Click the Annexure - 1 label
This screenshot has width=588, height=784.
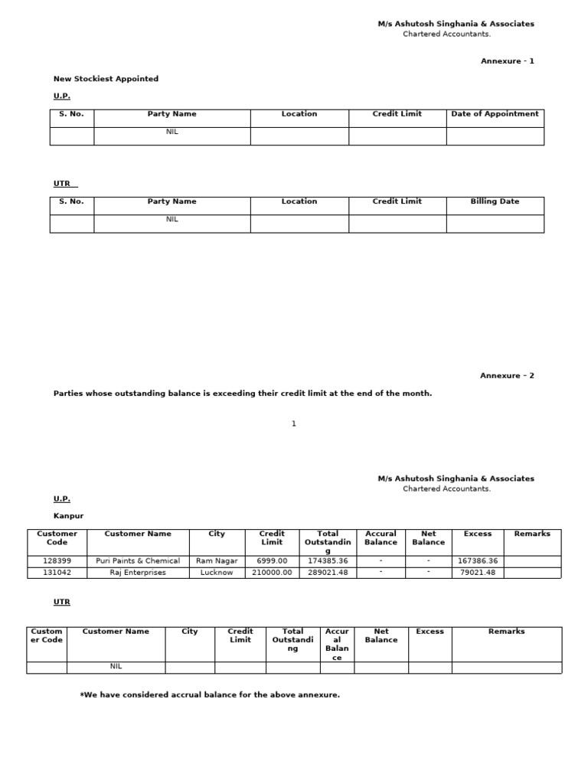(507, 61)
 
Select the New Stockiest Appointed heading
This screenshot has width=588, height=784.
(106, 79)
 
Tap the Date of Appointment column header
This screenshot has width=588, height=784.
(495, 114)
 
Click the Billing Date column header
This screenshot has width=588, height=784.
(495, 202)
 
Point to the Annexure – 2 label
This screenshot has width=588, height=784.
(507, 376)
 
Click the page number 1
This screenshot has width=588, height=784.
(294, 424)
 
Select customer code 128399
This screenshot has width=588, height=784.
(57, 561)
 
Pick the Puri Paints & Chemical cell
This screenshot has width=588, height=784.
(138, 561)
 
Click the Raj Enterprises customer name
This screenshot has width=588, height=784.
(138, 573)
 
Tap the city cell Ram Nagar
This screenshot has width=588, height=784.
(217, 561)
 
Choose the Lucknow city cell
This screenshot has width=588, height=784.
(217, 573)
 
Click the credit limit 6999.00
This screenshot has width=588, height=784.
(272, 561)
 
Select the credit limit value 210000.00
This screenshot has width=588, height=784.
(272, 573)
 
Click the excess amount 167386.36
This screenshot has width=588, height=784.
(478, 561)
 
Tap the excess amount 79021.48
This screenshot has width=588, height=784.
(478, 573)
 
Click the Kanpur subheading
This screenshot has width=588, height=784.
(68, 516)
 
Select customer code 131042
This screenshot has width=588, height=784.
(57, 573)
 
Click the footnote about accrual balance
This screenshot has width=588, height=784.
(210, 695)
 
